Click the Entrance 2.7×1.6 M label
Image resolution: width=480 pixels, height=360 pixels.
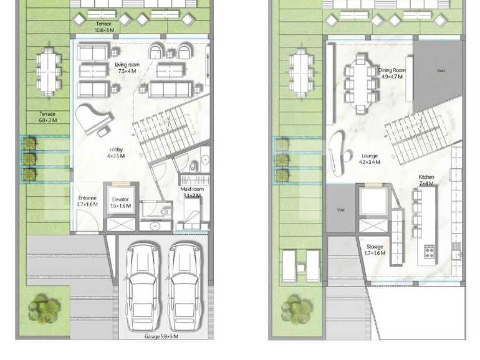point(87,201)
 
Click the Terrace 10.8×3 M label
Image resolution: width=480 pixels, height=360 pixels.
point(104,26)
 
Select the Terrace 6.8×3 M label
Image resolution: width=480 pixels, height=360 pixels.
point(48,117)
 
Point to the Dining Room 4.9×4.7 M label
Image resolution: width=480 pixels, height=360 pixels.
point(392,73)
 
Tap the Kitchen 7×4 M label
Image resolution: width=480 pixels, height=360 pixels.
point(426,181)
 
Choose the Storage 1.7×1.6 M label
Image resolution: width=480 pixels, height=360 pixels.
point(375,250)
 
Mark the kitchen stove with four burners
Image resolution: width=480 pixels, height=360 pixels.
point(430,252)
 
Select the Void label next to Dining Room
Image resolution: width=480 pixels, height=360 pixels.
point(441,71)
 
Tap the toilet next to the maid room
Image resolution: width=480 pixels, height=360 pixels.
point(193,165)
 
